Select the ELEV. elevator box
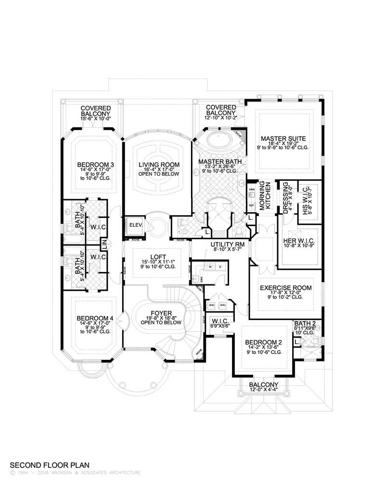132,225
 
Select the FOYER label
158,311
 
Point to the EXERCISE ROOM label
286,288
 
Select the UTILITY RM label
228,244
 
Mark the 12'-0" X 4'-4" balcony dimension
263,390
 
